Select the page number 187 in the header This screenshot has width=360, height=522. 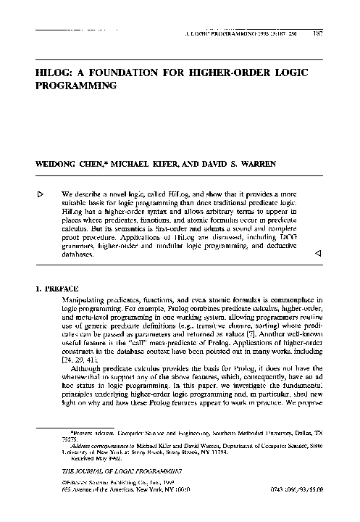318,34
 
